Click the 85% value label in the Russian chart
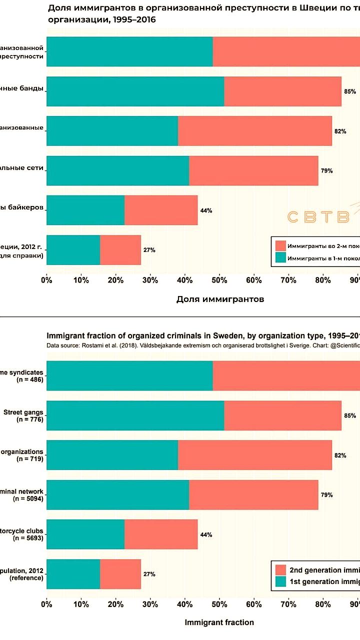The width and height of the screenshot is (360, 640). tap(349, 91)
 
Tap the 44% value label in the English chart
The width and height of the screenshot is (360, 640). tap(206, 534)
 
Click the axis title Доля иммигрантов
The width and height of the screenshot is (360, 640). tap(220, 299)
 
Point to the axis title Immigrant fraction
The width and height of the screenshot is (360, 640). tap(219, 622)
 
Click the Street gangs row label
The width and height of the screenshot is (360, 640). tap(23, 412)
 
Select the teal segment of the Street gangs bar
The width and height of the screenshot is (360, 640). tap(135, 415)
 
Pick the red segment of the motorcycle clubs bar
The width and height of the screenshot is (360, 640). tap(161, 534)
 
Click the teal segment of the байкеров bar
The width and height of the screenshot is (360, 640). tap(85, 210)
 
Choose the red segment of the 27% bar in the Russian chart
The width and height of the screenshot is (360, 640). tap(120, 250)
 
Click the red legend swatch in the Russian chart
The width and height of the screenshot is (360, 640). tap(280, 246)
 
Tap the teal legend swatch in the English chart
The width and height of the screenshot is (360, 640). tap(280, 581)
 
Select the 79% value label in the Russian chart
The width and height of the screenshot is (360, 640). tap(327, 170)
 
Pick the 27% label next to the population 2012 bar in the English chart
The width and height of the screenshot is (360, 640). tap(149, 574)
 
